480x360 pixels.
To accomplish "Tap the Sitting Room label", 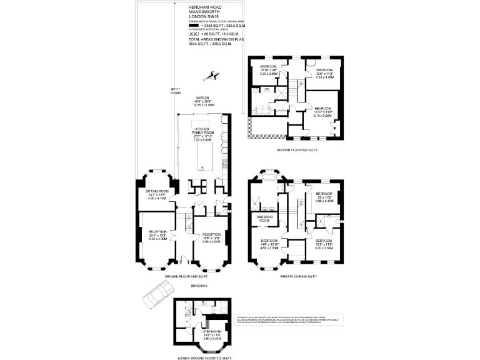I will [x=157, y=194].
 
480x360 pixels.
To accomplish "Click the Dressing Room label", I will [x=264, y=219].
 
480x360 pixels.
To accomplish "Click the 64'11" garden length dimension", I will [x=166, y=90].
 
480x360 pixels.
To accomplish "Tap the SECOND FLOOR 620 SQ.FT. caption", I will [x=297, y=151].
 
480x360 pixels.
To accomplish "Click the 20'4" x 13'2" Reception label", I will [x=157, y=234].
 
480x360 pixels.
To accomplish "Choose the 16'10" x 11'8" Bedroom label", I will [x=323, y=111].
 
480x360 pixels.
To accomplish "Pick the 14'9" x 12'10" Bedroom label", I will [x=269, y=244].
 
